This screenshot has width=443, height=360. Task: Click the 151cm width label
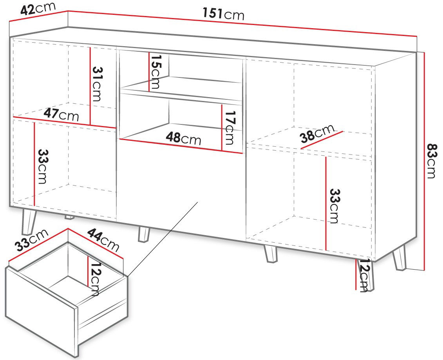pyautogui.click(x=223, y=14)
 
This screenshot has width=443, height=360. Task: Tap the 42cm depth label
pyautogui.click(x=38, y=9)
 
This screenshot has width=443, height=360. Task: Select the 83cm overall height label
pyautogui.click(x=432, y=161)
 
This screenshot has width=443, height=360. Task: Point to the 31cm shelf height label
pyautogui.click(x=97, y=84)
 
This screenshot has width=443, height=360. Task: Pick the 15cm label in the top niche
pyautogui.click(x=155, y=72)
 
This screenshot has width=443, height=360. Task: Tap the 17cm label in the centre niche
pyautogui.click(x=229, y=127)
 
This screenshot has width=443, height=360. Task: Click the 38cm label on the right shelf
pyautogui.click(x=317, y=134)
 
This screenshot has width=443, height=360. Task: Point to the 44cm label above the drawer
pyautogui.click(x=103, y=240)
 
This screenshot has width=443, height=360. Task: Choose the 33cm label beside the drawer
pyautogui.click(x=32, y=240)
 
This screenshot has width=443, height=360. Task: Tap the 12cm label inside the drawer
pyautogui.click(x=94, y=279)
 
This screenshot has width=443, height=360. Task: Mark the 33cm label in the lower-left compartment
pyautogui.click(x=42, y=166)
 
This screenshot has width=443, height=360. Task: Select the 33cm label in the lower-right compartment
pyautogui.click(x=335, y=206)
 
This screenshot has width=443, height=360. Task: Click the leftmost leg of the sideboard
pyautogui.click(x=29, y=221)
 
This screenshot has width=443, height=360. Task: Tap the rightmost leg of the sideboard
pyautogui.click(x=400, y=257)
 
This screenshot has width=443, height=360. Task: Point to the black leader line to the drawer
pyautogui.click(x=162, y=239)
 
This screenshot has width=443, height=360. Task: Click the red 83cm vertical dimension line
pyautogui.click(x=424, y=161)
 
